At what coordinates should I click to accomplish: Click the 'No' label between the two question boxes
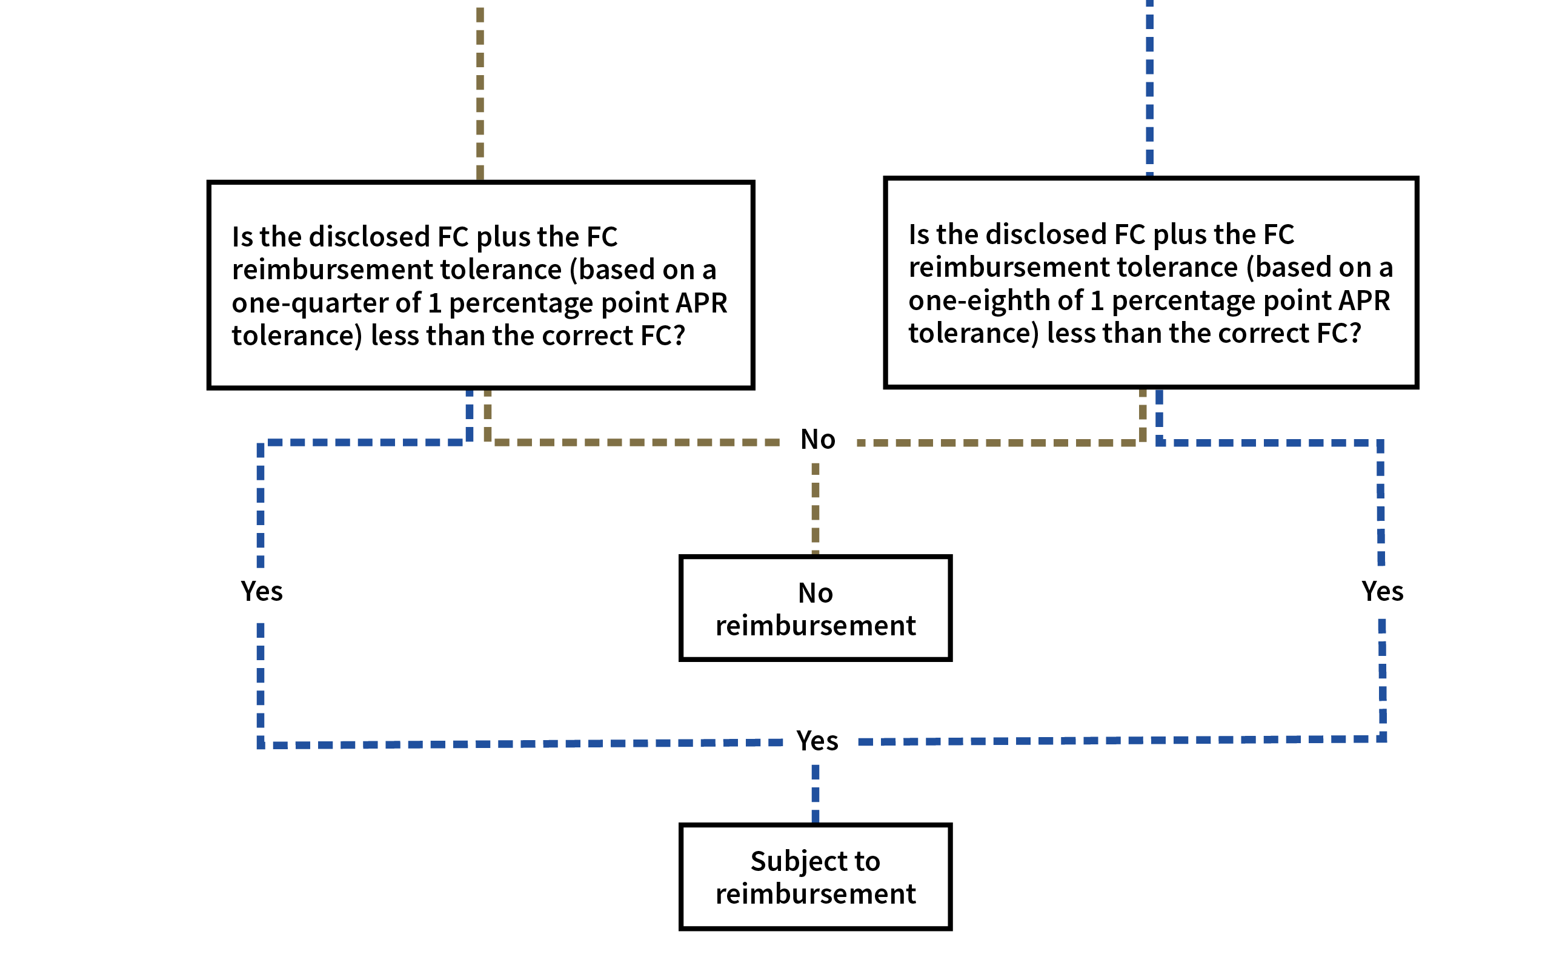tap(819, 440)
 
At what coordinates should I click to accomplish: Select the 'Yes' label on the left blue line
tap(262, 592)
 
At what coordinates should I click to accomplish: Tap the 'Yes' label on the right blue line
tap(1383, 591)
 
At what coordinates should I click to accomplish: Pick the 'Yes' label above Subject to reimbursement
tap(819, 740)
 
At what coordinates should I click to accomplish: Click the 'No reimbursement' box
tap(815, 608)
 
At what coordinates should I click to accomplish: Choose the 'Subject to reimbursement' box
tap(815, 876)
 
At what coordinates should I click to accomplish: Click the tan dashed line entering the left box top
tap(480, 96)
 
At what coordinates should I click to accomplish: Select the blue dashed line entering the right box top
tap(1149, 89)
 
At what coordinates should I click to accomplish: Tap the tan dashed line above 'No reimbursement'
tap(815, 509)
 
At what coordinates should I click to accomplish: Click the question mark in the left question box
tap(679, 336)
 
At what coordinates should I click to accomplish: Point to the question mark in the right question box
tap(1355, 333)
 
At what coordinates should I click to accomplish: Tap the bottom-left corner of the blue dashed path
tap(261, 744)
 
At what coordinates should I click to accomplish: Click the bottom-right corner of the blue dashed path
tap(1382, 739)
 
